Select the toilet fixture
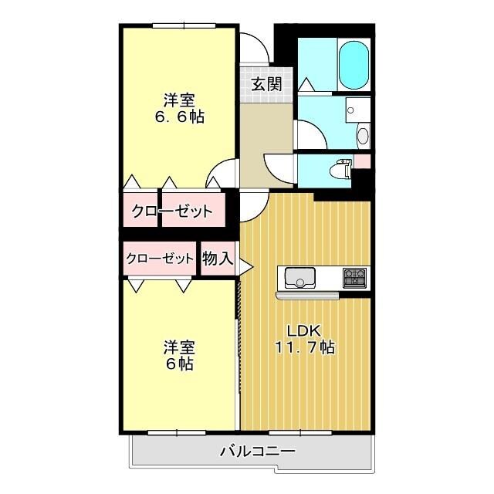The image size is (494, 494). pyautogui.click(x=338, y=170)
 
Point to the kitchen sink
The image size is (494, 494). pyautogui.click(x=299, y=277)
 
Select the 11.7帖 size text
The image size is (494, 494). pyautogui.click(x=305, y=347)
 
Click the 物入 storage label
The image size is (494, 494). pyautogui.click(x=217, y=259)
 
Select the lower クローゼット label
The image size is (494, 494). pyautogui.click(x=159, y=259)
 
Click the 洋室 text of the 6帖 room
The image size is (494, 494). pyautogui.click(x=178, y=347)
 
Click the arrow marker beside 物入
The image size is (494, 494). pyautogui.click(x=245, y=267)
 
